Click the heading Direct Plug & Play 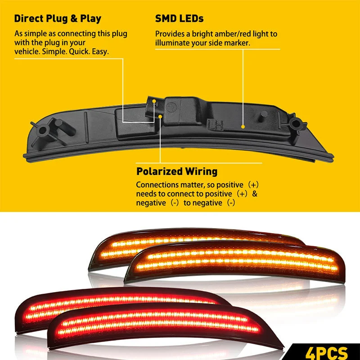pyautogui.click(x=58, y=19)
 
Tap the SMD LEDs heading pyautogui.click(x=179, y=19)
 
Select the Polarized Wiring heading pyautogui.click(x=177, y=171)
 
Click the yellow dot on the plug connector pyautogui.click(x=154, y=100)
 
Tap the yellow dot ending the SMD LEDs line pyautogui.click(x=243, y=126)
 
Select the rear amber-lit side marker pyautogui.click(x=198, y=247)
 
